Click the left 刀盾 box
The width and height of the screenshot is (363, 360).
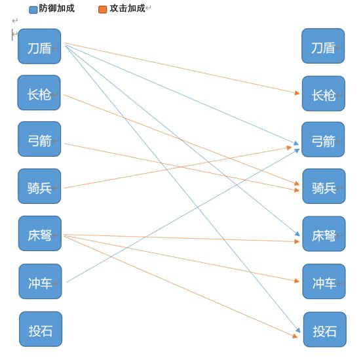pos(39,47)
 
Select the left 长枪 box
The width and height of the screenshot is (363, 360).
pos(39,92)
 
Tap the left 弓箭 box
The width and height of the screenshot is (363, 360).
pos(39,139)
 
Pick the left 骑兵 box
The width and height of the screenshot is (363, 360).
pos(39,186)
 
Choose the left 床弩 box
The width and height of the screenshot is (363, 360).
pos(40,233)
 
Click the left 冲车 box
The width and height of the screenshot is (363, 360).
pos(40,281)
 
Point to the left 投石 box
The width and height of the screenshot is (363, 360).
pos(41,329)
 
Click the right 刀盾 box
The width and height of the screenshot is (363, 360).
pos(323,46)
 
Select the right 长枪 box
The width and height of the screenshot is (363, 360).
pos(324,94)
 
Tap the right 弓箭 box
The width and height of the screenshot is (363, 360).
pos(323,140)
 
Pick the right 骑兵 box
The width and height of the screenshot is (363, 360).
pos(324,186)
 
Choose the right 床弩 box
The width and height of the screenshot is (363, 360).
pos(324,233)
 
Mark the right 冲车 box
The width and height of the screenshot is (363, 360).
pos(324,281)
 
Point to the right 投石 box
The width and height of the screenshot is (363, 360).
pos(325,329)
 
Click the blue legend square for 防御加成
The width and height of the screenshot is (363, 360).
pos(33,10)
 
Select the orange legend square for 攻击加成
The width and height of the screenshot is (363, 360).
pos(103,9)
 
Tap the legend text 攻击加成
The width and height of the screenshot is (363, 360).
pos(128,9)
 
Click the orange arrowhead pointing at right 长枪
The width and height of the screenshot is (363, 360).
pos(297,93)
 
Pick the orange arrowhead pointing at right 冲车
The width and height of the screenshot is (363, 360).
pos(297,281)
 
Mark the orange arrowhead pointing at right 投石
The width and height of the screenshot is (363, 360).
pos(295,336)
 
